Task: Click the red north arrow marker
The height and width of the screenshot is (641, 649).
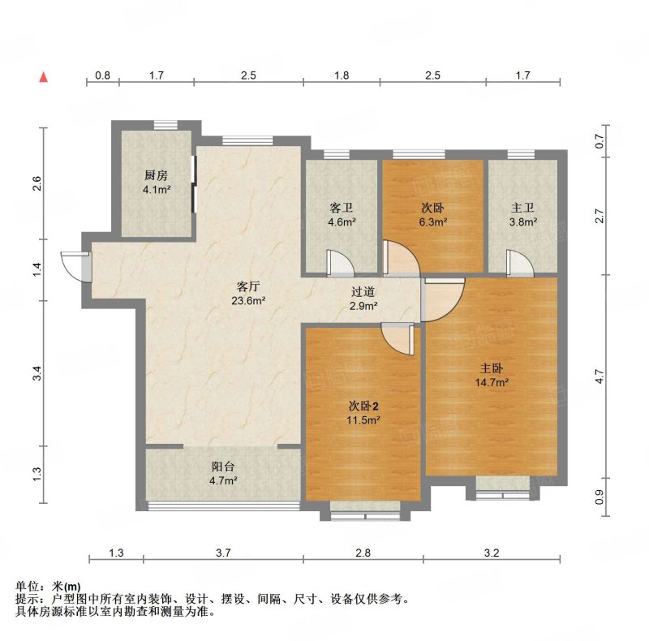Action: point(44,77)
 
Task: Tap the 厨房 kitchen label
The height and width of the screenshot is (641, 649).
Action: point(156,175)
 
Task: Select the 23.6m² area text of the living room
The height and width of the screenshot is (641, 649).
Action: point(248,301)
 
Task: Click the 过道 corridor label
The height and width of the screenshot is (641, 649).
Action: point(363,292)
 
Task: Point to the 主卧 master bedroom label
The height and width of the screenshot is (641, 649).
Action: point(492,368)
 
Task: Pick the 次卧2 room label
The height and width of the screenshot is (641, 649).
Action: point(363,407)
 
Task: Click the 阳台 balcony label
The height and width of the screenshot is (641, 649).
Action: point(223,467)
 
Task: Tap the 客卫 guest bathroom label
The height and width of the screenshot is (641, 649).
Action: point(342,208)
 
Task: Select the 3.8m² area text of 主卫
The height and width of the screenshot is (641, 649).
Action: point(523,222)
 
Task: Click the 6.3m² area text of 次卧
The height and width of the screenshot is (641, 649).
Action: point(432,222)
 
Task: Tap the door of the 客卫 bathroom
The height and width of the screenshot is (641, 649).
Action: point(339,263)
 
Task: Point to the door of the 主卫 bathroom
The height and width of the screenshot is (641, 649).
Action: point(520,263)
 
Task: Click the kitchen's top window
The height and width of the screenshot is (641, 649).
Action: point(165,125)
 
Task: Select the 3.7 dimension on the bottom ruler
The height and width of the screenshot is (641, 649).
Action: point(223,553)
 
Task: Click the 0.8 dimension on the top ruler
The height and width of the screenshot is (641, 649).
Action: point(103,75)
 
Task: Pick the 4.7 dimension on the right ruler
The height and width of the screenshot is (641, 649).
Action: point(600,376)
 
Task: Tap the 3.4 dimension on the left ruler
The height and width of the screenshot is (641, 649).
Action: point(37,373)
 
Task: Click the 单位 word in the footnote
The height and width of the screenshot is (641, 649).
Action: point(28,587)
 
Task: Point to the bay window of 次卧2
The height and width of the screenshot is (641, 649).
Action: point(365,511)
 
